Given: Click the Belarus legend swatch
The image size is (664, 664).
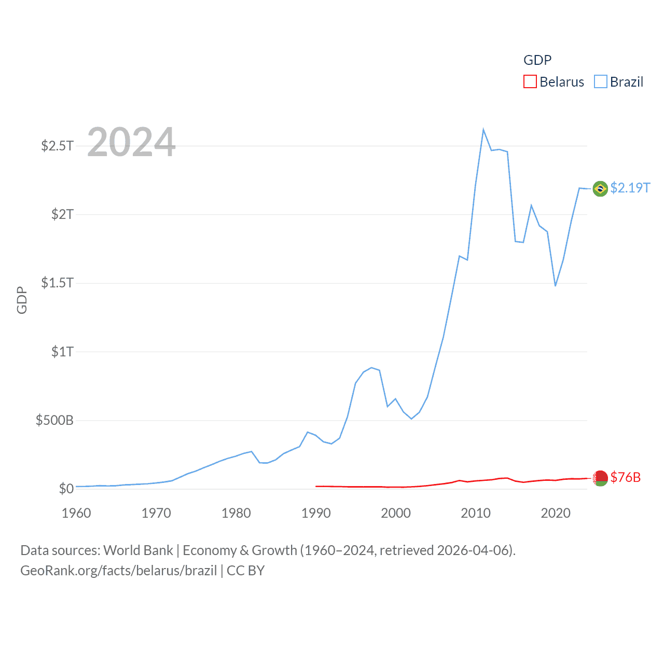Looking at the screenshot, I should click(530, 82).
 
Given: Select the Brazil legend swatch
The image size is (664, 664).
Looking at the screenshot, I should click(600, 82).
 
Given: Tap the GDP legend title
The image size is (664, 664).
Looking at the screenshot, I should click(537, 60).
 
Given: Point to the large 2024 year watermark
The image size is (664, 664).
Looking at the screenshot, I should click(131, 142).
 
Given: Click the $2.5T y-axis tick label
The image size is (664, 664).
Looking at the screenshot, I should click(57, 146).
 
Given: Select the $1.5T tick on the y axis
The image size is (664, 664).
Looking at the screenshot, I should click(57, 283).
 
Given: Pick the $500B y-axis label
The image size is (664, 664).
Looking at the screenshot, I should click(54, 420).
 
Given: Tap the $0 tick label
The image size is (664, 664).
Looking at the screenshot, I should click(66, 489).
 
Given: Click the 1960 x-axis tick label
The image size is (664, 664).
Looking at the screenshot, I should click(76, 513).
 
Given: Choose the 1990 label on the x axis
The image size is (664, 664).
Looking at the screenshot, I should click(316, 513).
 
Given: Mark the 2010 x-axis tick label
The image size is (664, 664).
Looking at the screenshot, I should click(476, 513).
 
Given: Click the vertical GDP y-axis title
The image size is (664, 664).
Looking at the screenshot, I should click(22, 300).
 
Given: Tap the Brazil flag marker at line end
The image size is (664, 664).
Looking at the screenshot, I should click(600, 189).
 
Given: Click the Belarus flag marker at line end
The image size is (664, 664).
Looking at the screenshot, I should click(600, 478).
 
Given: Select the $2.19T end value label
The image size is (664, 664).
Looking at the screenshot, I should click(630, 188).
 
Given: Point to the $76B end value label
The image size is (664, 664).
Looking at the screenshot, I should click(625, 477).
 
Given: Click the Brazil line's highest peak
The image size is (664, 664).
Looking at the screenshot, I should click(483, 130).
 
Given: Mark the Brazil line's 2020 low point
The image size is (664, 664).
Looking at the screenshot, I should click(555, 285).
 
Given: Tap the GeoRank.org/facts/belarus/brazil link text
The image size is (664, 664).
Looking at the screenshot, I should click(118, 571).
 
